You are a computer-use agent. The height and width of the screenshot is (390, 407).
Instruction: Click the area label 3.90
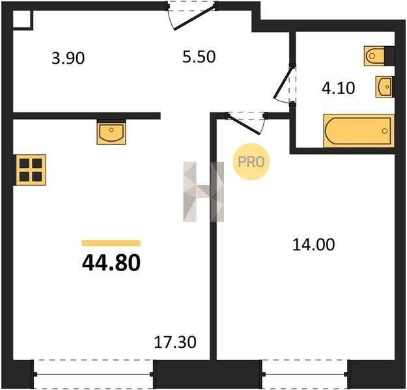(68, 58)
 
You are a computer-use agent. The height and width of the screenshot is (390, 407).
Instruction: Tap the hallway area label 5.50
(199, 57)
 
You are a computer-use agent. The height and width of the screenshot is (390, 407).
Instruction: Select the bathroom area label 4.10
(338, 88)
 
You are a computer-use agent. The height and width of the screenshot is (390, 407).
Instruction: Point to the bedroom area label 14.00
(314, 244)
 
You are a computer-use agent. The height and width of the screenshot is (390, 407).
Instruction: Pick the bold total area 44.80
(111, 263)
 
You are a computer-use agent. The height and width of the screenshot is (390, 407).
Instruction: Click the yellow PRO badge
(251, 162)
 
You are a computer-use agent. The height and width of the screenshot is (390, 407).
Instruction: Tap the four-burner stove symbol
(31, 170)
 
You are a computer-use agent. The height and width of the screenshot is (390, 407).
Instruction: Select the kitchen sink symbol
(111, 132)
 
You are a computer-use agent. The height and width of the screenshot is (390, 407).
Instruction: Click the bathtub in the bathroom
(359, 131)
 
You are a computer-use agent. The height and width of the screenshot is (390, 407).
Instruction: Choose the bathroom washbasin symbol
(385, 86)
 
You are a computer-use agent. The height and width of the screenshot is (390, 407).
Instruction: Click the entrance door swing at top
(191, 16)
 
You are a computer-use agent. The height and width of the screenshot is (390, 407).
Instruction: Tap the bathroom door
(284, 84)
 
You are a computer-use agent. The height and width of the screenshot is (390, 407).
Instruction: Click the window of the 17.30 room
(93, 374)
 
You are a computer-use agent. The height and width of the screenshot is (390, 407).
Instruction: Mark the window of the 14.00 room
(305, 374)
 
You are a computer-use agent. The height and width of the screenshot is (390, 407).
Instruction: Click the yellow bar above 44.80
(111, 243)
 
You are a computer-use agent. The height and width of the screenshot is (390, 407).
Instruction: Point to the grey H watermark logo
(203, 192)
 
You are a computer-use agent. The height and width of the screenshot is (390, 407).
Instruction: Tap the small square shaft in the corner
(22, 19)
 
